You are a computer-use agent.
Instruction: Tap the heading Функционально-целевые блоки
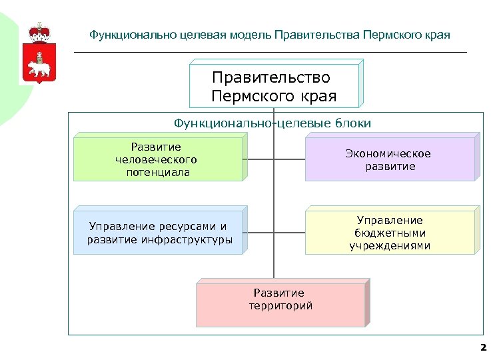272,123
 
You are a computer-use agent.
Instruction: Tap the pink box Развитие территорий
280,302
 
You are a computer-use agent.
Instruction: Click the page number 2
483,347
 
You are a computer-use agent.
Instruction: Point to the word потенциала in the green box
158,172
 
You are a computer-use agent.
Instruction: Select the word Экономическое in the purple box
388,154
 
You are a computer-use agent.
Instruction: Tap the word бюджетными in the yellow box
390,233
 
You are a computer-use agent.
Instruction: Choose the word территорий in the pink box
280,306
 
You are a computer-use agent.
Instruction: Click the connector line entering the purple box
289,160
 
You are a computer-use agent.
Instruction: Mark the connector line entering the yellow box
289,233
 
